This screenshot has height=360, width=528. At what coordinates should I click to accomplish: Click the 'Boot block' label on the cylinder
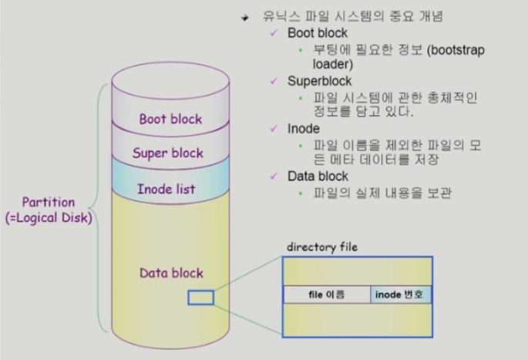[x=170, y=119]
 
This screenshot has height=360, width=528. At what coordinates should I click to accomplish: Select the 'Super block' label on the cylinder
[x=167, y=153]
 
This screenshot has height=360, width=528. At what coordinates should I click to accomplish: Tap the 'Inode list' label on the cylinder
[x=166, y=188]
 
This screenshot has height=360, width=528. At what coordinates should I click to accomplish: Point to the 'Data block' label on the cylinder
[x=170, y=273]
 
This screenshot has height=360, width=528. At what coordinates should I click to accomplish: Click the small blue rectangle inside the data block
[x=200, y=297]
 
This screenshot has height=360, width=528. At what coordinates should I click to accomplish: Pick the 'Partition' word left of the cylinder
[x=48, y=202]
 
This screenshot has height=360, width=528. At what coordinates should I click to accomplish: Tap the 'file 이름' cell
[x=326, y=295]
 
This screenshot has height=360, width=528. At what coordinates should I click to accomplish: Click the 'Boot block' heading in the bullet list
[x=317, y=34]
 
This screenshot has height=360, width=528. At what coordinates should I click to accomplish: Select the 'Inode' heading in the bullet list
[x=303, y=128]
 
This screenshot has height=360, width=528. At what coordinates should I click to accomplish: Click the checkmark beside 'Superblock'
[x=275, y=81]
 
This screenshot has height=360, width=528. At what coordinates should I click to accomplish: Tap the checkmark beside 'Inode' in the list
[x=275, y=128]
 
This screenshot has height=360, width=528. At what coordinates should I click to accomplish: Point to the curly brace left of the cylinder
[x=99, y=208]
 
